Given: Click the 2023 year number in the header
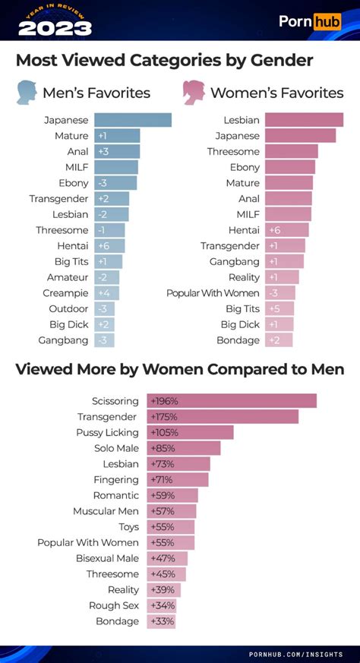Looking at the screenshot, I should pos(55,28).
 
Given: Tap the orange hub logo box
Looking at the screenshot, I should pos(328,21).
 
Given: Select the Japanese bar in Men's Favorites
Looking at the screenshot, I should pos(133,120).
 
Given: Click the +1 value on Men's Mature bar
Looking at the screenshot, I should pos(103,136).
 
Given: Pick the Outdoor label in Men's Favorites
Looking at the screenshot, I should pos(69,309).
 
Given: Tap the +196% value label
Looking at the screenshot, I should pos(164,401).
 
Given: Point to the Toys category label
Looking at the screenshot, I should pos(128,526).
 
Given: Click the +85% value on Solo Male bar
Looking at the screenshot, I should pos(162,448).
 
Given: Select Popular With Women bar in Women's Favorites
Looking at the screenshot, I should pos(279,293).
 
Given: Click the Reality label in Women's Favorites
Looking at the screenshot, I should pos(243,277).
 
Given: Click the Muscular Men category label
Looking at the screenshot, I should pos(106,511).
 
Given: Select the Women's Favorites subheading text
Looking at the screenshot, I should pos(276,93).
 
